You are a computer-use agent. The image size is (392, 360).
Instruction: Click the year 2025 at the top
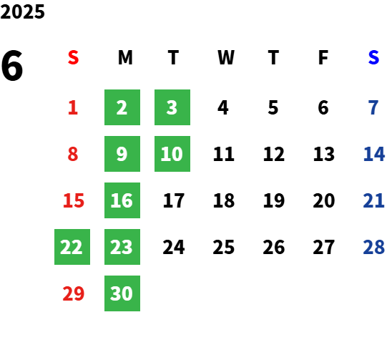[22, 11]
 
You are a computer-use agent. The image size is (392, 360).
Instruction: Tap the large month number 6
[12, 66]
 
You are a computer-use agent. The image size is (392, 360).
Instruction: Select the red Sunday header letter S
[73, 57]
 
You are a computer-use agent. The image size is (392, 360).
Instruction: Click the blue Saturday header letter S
[373, 57]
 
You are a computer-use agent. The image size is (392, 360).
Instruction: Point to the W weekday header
[226, 57]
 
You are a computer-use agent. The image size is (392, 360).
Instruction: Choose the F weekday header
[323, 57]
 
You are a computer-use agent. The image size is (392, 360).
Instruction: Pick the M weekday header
[125, 57]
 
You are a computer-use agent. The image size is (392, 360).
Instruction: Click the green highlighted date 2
[122, 107]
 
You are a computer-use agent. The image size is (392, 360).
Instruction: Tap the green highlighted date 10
[172, 154]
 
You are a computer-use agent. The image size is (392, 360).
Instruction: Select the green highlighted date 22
[72, 247]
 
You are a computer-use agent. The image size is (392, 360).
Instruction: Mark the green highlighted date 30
[122, 293]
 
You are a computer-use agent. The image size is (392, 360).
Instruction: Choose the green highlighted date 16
[122, 200]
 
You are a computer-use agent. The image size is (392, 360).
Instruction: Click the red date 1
[73, 107]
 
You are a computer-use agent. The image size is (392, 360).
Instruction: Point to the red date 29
[74, 293]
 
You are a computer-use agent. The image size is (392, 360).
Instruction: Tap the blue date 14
[374, 154]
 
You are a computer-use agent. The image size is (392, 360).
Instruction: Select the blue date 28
[373, 247]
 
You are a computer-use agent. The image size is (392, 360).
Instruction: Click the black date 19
[274, 200]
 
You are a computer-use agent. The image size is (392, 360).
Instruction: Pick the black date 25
[224, 247]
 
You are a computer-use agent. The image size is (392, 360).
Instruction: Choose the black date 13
[324, 154]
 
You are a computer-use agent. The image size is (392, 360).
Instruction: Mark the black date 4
[223, 107]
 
